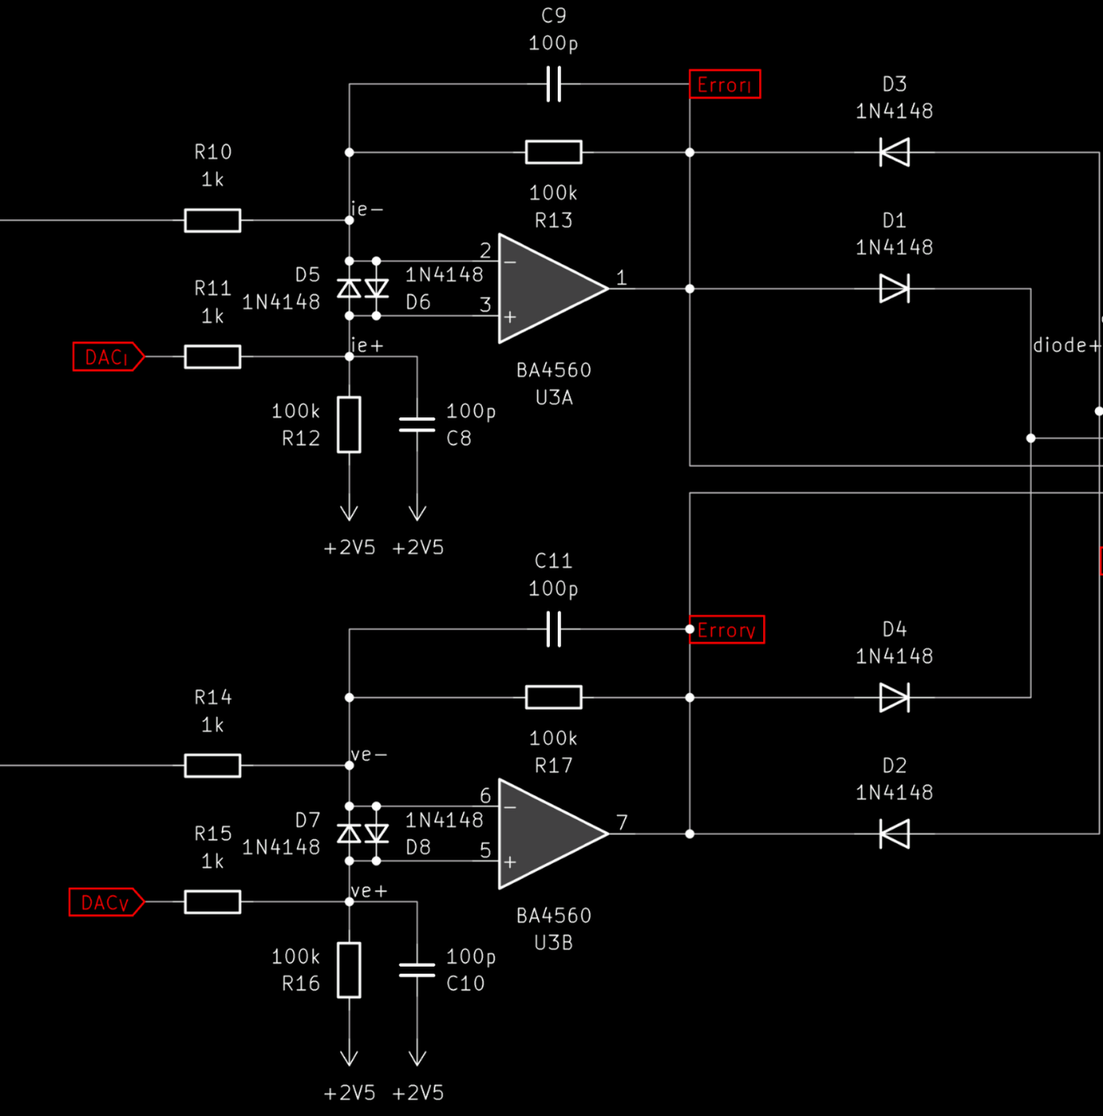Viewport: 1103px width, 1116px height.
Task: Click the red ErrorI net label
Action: pos(725,85)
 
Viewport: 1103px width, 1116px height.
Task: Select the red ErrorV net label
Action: pos(727,629)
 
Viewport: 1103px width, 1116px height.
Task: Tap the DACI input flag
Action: pos(108,357)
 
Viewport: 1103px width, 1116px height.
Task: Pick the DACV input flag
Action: pos(106,902)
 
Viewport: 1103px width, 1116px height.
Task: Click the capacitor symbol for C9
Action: pos(554,85)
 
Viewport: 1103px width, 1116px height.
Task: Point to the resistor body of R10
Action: pos(213,220)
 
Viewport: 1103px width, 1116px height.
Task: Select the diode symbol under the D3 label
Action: pos(894,152)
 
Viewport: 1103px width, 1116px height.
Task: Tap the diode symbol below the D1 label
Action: pos(894,288)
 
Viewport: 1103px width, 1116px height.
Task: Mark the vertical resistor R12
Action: pos(349,424)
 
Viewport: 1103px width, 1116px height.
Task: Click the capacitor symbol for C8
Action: pos(416,424)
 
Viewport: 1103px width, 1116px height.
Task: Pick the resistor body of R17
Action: pos(554,697)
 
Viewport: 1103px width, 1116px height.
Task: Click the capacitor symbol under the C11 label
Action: pos(554,629)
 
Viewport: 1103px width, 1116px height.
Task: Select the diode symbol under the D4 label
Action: pos(894,697)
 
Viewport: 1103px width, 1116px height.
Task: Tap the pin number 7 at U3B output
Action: pos(622,822)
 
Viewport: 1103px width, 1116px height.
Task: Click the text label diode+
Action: pos(1066,346)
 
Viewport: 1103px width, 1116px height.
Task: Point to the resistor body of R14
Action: pos(213,765)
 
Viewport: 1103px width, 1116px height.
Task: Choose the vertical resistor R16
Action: pos(349,970)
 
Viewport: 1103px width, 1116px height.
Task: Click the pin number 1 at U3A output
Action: pos(622,278)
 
